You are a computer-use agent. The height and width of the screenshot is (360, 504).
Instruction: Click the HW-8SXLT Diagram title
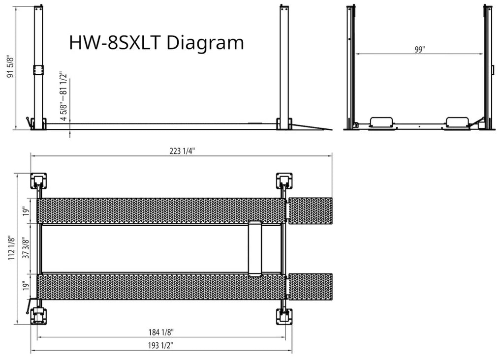157,43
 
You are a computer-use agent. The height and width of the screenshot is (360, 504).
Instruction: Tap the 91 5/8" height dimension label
11,66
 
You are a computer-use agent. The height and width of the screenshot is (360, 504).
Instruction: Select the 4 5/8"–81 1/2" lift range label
63,97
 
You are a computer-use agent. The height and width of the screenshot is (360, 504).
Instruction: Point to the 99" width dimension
419,50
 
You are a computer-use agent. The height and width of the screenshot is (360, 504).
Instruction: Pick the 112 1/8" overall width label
11,248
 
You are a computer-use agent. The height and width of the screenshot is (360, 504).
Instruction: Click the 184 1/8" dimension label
161,332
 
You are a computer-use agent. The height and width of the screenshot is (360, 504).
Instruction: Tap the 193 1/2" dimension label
160,345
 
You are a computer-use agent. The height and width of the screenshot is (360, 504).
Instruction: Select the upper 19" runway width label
26,211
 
